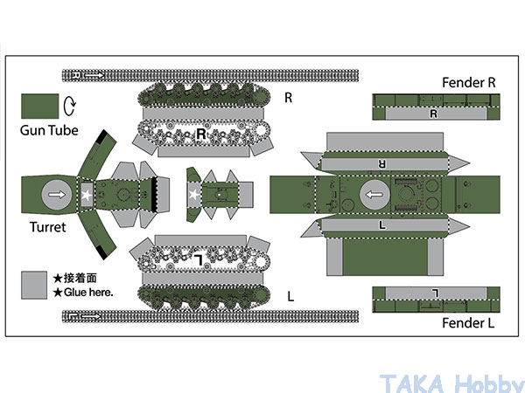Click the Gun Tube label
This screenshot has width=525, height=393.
coord(50,131)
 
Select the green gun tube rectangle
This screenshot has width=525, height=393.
coord(38,106)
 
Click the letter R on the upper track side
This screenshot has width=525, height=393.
coord(202,134)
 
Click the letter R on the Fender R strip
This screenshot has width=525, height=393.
coord(432,113)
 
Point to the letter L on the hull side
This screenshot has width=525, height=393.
coord(382,224)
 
